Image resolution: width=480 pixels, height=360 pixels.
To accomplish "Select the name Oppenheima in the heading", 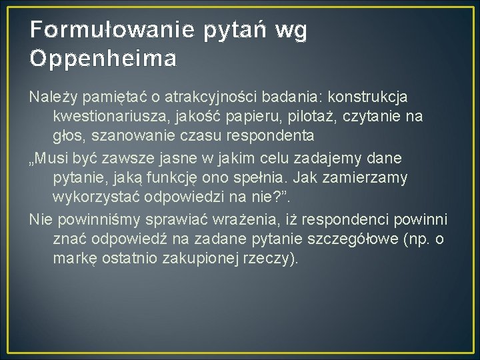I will click(103, 59).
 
